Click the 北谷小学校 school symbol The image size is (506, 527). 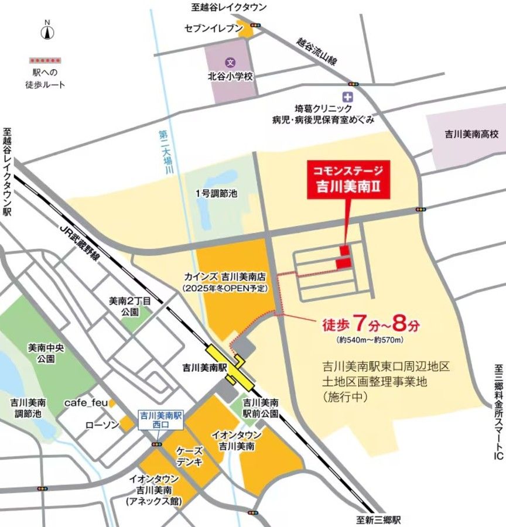click(x=231, y=61)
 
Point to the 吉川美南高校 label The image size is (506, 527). click(x=471, y=134)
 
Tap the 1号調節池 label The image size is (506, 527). click(x=217, y=193)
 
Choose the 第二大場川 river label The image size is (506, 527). click(x=165, y=152)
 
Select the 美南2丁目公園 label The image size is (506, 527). click(x=130, y=306)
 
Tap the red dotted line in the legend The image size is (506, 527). click(x=46, y=60)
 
